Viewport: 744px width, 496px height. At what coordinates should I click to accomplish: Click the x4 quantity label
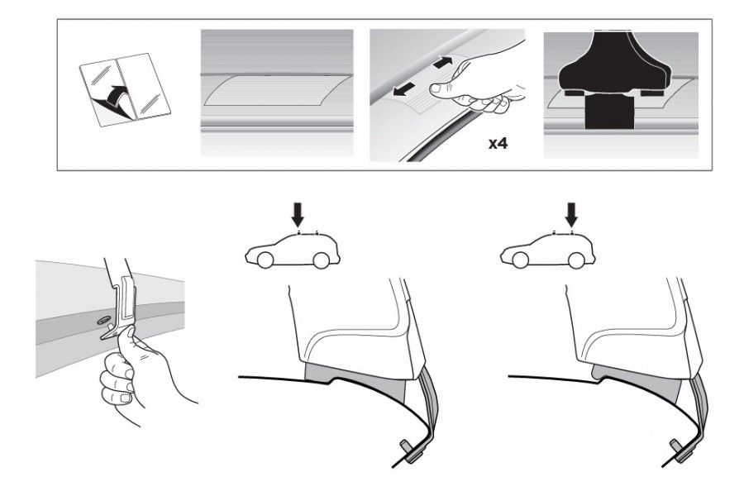pos(498,143)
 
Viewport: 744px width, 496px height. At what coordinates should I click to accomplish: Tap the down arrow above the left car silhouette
pos(298,215)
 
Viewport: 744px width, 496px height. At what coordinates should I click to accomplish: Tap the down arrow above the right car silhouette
pos(572,215)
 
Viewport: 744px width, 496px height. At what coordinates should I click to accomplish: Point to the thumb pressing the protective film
pos(442,88)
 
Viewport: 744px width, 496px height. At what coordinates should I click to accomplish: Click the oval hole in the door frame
pos(103,322)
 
